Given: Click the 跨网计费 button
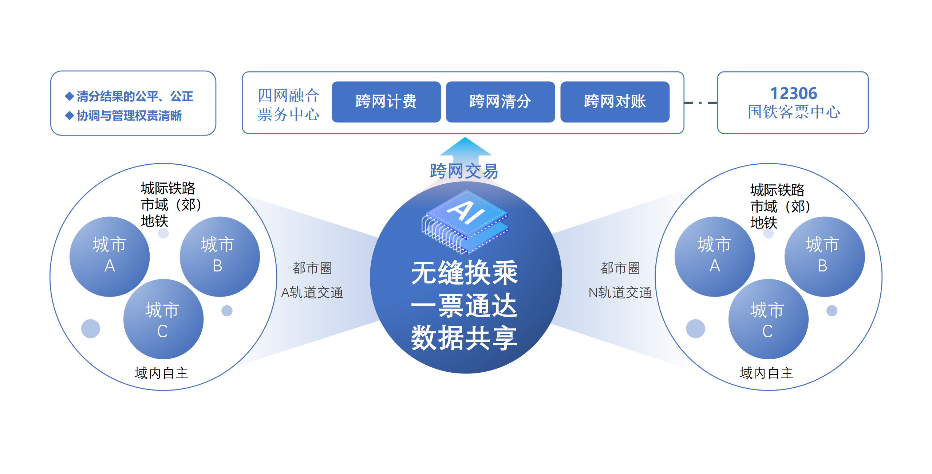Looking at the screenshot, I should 386,102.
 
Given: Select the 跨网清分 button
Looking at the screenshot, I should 500,102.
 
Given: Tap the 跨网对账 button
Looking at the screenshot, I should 615,102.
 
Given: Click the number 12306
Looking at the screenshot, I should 793,94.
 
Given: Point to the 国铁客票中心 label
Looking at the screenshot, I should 794,112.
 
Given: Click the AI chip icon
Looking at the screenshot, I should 465,222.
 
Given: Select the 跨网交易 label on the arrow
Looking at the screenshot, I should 464,171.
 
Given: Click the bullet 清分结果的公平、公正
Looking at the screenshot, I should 134,97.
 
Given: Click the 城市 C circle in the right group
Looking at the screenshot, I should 768,319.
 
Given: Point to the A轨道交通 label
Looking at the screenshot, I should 312,293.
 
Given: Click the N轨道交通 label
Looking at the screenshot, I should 620,293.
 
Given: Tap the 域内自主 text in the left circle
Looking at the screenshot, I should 161,373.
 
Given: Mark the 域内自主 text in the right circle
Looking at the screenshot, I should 766,373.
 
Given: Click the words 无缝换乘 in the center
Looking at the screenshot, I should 464,273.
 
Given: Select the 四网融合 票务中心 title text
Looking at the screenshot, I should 288,105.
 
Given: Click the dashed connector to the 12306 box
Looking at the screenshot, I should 700,103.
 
